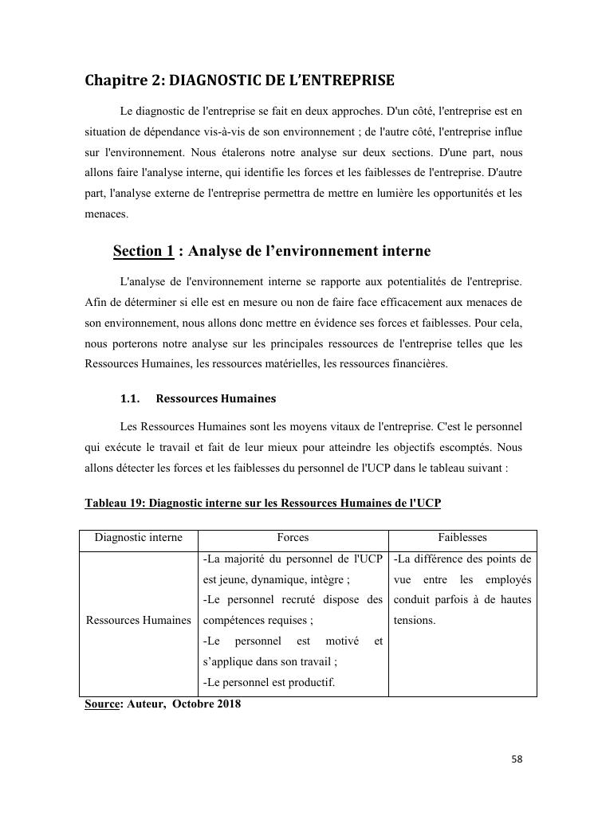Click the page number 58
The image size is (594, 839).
[x=517, y=759]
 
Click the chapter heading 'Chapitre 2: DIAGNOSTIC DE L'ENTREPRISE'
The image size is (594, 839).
[x=239, y=80]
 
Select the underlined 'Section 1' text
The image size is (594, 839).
[x=144, y=252]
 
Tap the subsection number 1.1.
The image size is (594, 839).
[x=130, y=398]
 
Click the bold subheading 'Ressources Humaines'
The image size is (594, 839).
[x=216, y=398]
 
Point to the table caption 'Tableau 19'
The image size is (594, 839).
[x=115, y=504]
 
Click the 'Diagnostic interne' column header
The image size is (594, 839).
[x=139, y=538]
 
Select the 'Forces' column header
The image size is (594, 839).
[x=293, y=538]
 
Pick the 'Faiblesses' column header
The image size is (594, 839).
[x=462, y=538]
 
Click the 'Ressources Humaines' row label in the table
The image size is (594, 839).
[x=139, y=620]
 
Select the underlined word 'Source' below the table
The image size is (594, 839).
[x=101, y=704]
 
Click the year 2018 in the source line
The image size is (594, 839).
[x=227, y=704]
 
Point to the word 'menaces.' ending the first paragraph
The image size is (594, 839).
[x=104, y=214]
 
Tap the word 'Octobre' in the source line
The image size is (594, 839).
[x=192, y=704]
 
